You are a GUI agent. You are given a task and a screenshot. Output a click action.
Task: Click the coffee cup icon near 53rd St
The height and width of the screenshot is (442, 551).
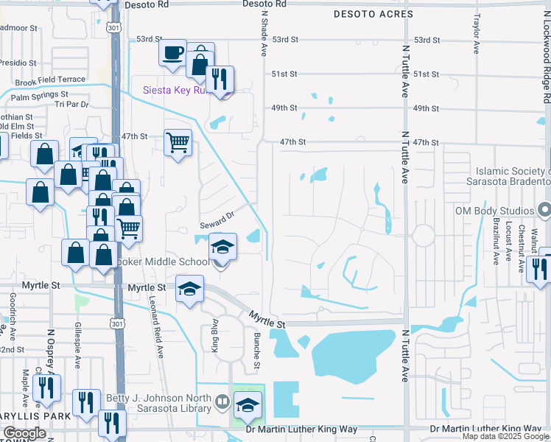(174, 53)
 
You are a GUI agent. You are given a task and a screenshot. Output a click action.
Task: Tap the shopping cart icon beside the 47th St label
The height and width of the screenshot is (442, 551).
(178, 141)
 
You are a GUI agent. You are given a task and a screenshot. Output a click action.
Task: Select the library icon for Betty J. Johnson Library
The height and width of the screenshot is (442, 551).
(223, 402)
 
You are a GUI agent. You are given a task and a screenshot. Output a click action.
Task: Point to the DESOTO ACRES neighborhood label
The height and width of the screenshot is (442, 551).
(370, 14)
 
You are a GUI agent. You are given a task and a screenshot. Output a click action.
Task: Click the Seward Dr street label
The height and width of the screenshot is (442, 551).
(217, 219)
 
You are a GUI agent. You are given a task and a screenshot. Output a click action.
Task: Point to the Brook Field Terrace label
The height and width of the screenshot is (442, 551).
(46, 79)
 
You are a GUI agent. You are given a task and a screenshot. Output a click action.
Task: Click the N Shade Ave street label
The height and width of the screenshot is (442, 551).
(263, 37)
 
